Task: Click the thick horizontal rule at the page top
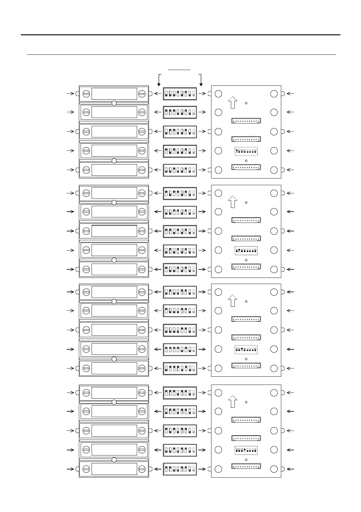click(180, 35)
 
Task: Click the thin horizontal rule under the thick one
click(181, 55)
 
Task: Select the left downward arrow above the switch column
click(159, 81)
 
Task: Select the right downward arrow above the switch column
click(201, 81)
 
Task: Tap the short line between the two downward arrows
click(179, 70)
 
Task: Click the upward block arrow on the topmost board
click(232, 102)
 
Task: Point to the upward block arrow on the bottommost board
click(232, 401)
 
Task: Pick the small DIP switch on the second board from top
click(246, 251)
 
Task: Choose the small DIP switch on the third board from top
click(246, 350)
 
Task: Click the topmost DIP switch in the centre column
click(180, 94)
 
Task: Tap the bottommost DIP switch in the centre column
click(180, 469)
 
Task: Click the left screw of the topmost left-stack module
click(86, 94)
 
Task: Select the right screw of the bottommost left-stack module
click(142, 469)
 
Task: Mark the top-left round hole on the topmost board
click(218, 94)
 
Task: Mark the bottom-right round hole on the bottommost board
click(274, 469)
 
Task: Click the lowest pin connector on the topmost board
click(246, 167)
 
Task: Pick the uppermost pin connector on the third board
click(246, 319)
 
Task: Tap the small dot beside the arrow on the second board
click(246, 202)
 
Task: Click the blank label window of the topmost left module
click(114, 94)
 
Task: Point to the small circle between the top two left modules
click(114, 103)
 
